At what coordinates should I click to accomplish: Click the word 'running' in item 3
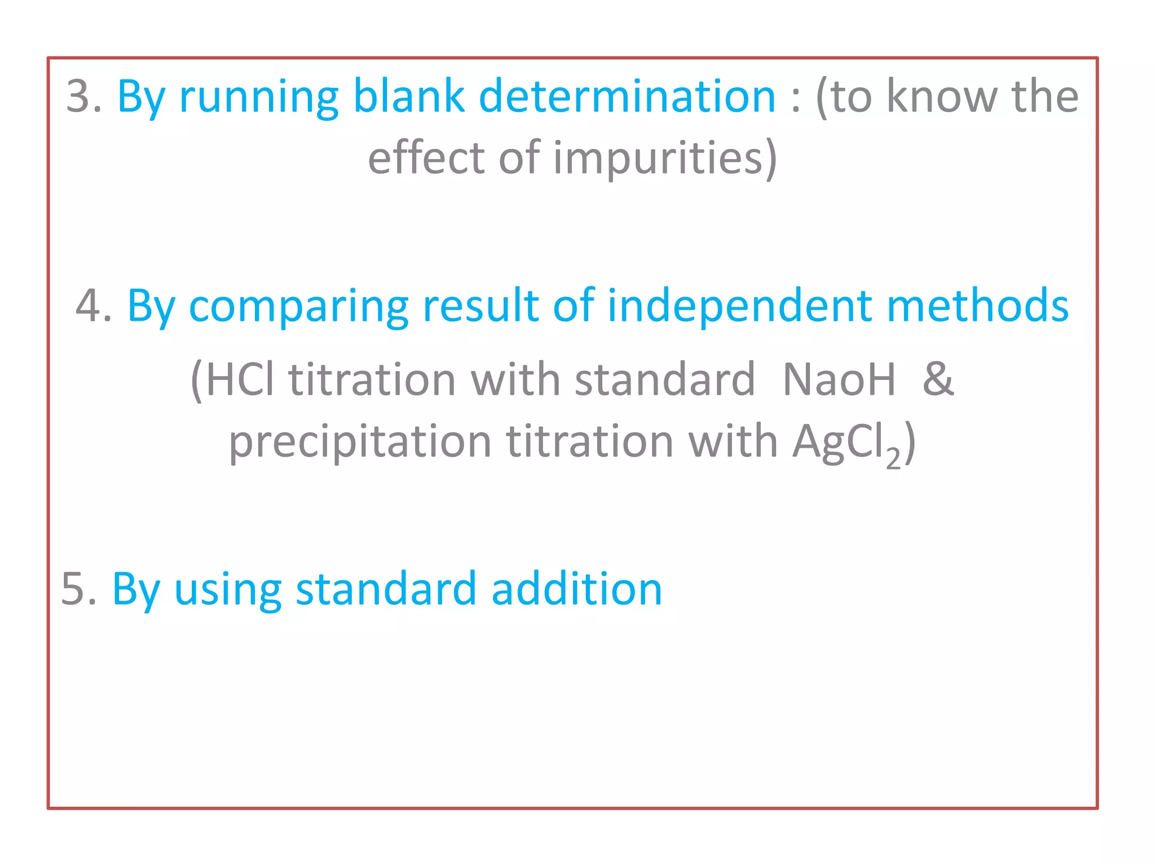(259, 97)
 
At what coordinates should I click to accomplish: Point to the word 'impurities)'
(665, 158)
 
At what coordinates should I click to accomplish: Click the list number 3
(85, 97)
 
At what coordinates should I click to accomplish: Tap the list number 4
(94, 306)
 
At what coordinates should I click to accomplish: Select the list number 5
(80, 589)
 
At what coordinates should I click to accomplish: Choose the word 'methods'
(977, 306)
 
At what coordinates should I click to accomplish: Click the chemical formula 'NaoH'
(839, 379)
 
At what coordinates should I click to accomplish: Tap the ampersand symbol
(938, 379)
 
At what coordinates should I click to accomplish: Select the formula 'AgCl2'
(848, 443)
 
